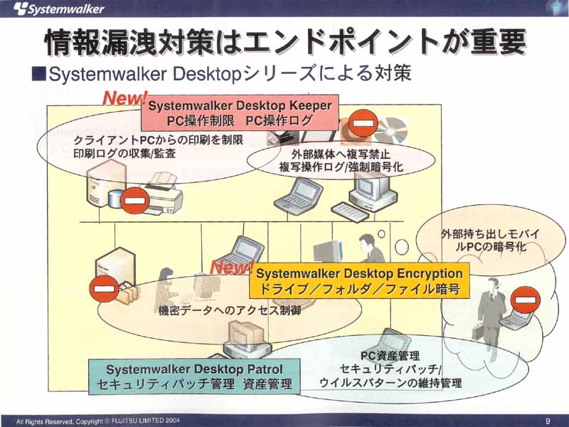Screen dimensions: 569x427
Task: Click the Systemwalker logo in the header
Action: click(x=59, y=9)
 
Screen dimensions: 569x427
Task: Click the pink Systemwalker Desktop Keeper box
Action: click(x=240, y=113)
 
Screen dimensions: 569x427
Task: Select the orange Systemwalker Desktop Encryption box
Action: click(x=359, y=280)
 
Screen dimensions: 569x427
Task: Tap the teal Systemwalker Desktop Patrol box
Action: click(x=194, y=376)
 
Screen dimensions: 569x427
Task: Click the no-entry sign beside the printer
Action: click(x=135, y=200)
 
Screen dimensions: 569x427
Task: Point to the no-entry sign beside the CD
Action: click(x=363, y=123)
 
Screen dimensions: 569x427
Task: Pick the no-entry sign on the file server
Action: click(x=104, y=289)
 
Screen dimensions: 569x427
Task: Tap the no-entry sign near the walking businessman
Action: click(x=525, y=300)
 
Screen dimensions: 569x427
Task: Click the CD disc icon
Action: click(x=391, y=130)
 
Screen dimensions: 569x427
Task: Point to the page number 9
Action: click(x=548, y=421)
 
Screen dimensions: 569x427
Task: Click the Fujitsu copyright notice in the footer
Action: click(x=98, y=421)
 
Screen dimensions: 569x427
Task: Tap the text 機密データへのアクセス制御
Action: click(x=230, y=310)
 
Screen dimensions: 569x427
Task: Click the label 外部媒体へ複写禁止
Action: click(x=341, y=154)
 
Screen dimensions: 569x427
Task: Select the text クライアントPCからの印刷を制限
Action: click(x=158, y=140)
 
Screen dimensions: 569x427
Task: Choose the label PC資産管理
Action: click(x=390, y=356)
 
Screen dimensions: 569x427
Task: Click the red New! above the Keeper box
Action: click(x=125, y=97)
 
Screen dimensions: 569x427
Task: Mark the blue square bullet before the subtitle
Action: click(x=38, y=74)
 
